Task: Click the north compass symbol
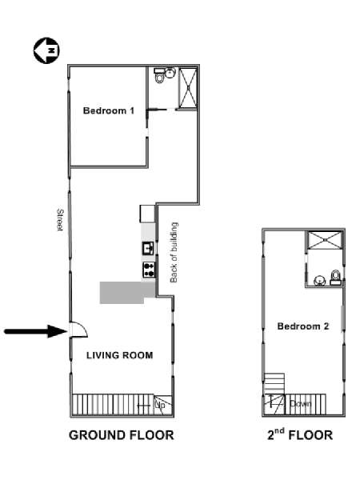46,50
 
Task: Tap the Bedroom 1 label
109,110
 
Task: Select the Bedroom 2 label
303,326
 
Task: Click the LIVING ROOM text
120,355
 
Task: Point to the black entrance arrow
36,331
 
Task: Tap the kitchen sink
149,248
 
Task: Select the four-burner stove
149,270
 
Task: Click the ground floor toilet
159,76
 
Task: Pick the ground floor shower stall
188,88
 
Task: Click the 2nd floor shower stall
325,240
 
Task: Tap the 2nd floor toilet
336,278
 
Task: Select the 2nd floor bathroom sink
319,280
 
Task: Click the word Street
60,220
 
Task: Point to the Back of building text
174,253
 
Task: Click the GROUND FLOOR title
122,435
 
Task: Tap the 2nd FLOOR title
300,434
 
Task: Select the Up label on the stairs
160,405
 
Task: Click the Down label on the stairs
301,403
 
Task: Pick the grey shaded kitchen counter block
127,292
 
